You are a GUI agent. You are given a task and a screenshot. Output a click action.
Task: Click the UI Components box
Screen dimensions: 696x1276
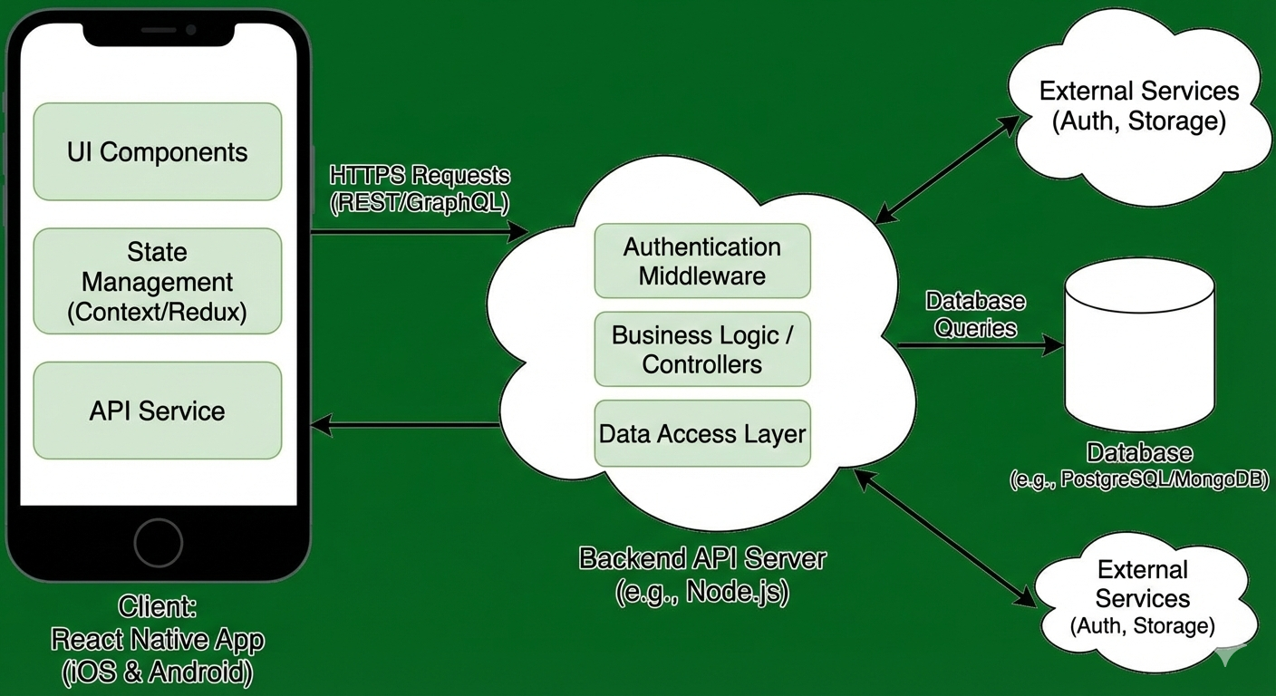pyautogui.click(x=158, y=151)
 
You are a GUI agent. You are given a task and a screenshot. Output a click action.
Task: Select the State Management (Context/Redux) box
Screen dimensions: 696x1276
pyautogui.click(x=158, y=282)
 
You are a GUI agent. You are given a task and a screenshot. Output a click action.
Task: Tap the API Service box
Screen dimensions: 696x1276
pyautogui.click(x=158, y=411)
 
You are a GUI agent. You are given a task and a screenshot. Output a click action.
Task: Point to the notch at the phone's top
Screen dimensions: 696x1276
pyautogui.click(x=169, y=31)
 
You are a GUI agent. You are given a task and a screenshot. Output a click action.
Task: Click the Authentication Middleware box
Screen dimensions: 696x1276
pyautogui.click(x=702, y=261)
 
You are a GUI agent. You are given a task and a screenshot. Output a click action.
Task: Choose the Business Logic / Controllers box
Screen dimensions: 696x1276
pyautogui.click(x=702, y=349)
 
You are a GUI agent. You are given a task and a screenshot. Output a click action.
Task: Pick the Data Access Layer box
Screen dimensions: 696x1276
pyautogui.click(x=702, y=433)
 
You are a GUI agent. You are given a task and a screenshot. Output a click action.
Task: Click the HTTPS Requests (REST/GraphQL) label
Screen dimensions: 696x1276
pyautogui.click(x=420, y=188)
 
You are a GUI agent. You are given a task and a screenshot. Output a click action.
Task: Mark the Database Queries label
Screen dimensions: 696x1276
pyautogui.click(x=975, y=314)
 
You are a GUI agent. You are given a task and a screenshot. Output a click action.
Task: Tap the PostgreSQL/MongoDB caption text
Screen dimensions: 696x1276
pyautogui.click(x=1139, y=480)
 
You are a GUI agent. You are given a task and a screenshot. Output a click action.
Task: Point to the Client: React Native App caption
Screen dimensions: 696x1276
pyautogui.click(x=158, y=639)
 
